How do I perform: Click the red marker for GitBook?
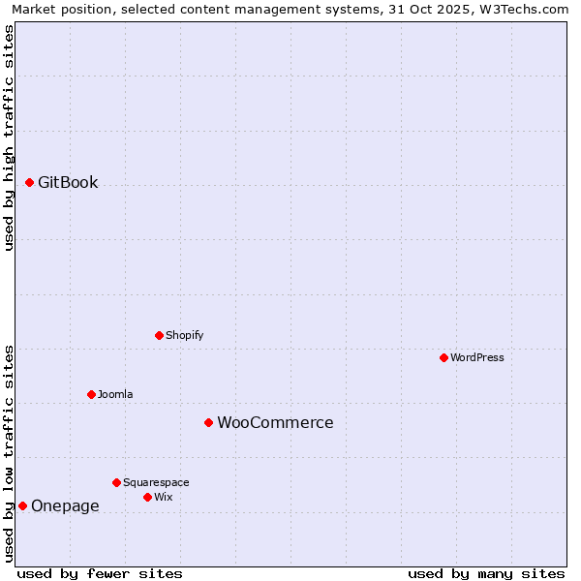coord(29,182)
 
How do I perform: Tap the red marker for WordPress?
coord(443,357)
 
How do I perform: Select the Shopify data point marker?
coord(159,335)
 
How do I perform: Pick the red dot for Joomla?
coord(91,394)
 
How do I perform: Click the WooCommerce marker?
coord(208,422)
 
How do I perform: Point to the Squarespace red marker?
coord(116,482)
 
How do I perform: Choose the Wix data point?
coord(147,497)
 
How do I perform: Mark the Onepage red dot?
coord(22,505)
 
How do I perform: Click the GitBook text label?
coord(68,183)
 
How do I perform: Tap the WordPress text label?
coord(477,357)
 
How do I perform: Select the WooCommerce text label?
coord(275,423)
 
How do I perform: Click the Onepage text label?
coord(65,506)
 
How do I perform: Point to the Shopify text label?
coord(184,335)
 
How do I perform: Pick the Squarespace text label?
coord(156,482)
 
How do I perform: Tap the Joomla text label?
coord(115,394)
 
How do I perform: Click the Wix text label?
coord(164,497)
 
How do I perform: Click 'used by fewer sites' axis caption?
coord(100,573)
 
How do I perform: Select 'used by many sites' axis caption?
coord(486,573)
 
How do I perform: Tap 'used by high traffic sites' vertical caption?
coord(9,138)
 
